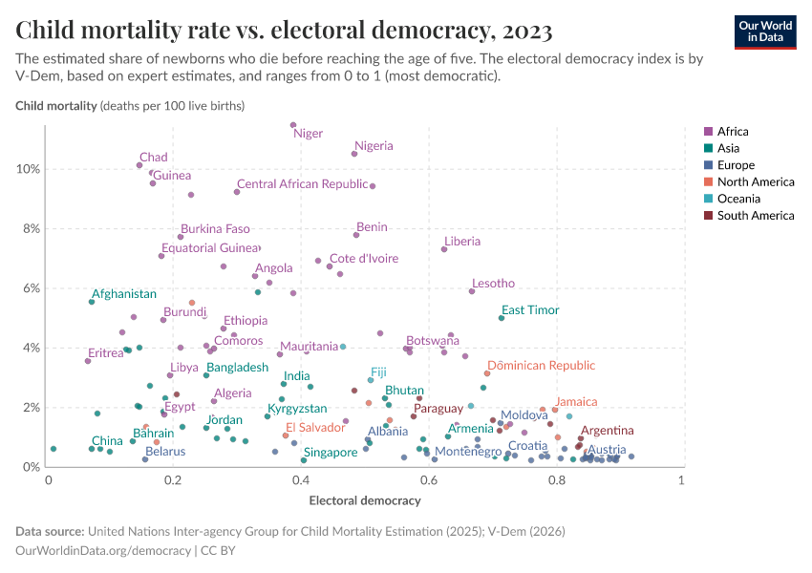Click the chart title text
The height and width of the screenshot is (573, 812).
pos(284,31)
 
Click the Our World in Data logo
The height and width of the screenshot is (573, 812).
pos(764,31)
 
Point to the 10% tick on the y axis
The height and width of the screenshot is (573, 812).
pos(29,169)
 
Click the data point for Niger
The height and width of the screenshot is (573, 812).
pos(293,125)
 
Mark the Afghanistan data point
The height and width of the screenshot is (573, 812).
pos(92,302)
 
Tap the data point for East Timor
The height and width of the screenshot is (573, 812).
pos(502,318)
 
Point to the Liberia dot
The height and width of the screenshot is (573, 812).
pos(444,249)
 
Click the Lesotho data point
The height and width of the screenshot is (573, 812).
pos(472,291)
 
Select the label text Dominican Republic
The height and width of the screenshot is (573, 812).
pos(541,366)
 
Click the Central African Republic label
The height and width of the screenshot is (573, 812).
pos(302,184)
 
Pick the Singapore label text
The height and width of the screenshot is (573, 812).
pos(330,453)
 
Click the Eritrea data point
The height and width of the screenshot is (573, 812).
pos(88,361)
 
